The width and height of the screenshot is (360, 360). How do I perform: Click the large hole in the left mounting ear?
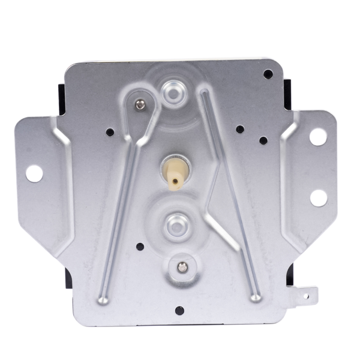click(34, 173)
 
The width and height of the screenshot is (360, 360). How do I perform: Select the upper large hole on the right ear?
click(317, 136)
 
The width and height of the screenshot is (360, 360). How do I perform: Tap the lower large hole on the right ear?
click(318, 197)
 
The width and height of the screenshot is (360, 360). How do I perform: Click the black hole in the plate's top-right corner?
click(268, 74)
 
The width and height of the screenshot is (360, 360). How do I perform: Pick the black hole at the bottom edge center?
click(179, 310)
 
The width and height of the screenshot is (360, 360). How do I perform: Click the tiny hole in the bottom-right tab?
click(306, 295)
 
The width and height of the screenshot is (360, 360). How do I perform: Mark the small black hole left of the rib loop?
click(109, 132)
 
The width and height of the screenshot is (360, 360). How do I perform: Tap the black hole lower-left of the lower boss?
click(140, 246)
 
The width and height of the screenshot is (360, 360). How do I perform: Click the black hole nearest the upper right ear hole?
click(263, 140)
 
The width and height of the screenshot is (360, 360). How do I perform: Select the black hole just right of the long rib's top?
click(240, 129)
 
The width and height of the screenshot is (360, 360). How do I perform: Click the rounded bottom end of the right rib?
click(256, 296)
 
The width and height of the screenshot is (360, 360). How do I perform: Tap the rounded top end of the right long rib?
click(203, 93)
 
